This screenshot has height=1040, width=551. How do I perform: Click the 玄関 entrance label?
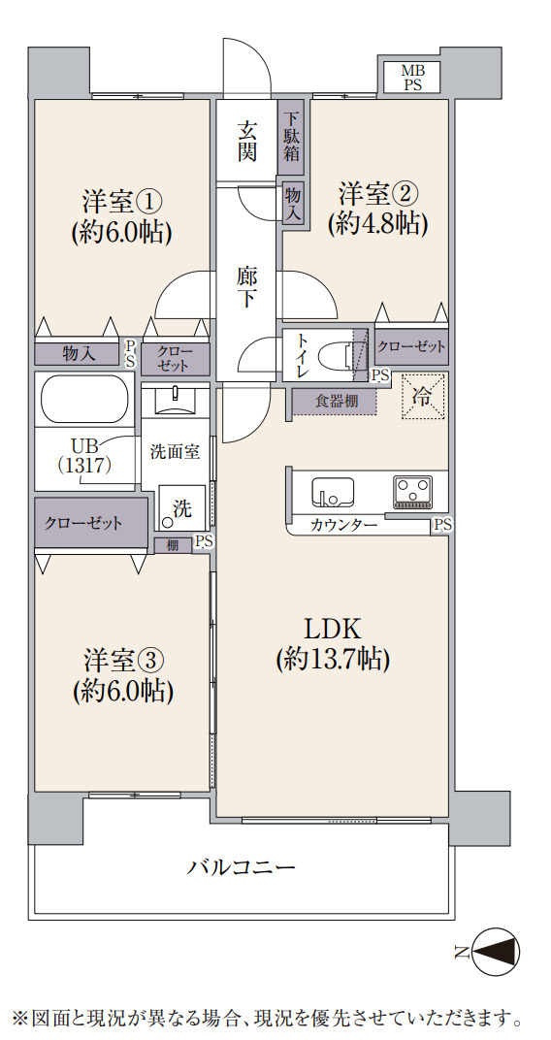tap(247, 141)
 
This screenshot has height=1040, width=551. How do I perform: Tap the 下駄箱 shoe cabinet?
tap(291, 137)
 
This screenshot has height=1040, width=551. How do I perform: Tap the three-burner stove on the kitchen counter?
tap(413, 493)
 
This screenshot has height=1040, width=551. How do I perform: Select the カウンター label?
tap(343, 526)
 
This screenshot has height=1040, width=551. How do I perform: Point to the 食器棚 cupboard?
tap(334, 402)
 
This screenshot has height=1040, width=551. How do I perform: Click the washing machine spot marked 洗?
tap(182, 508)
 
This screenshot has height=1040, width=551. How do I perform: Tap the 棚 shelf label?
tap(173, 545)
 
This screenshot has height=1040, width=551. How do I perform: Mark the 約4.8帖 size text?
tap(376, 224)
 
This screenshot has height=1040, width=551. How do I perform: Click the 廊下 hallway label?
tap(246, 287)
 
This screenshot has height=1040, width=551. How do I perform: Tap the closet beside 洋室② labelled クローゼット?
tap(411, 345)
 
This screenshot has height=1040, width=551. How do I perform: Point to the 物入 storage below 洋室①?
tap(79, 354)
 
